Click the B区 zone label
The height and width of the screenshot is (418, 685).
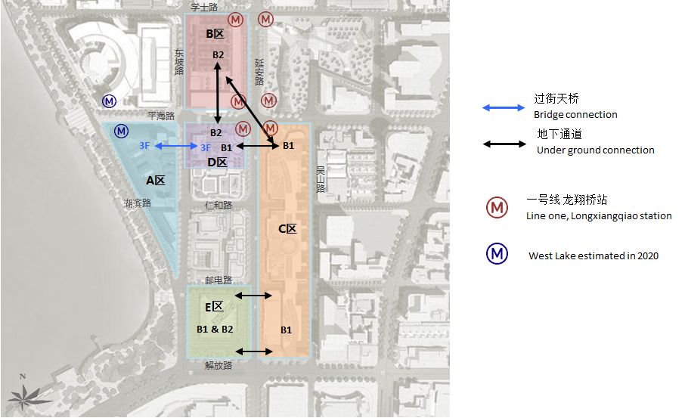click(215, 34)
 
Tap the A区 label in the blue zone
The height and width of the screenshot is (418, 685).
click(155, 180)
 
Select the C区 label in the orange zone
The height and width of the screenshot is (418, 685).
click(287, 229)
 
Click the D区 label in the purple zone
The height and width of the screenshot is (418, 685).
click(217, 163)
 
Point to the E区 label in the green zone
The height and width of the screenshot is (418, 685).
click(214, 306)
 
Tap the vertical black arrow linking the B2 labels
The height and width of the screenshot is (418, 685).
click(218, 94)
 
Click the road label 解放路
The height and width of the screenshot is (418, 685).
click(218, 365)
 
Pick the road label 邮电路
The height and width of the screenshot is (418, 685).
click(218, 278)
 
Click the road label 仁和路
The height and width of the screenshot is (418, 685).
click(218, 206)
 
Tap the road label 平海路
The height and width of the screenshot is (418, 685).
click(160, 116)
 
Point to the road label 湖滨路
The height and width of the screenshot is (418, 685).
click(138, 203)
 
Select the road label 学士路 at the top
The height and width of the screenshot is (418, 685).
click(203, 6)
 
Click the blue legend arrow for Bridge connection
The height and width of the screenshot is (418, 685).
click(504, 108)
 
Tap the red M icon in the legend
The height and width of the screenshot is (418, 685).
click(497, 207)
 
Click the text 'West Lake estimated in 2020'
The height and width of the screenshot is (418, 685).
click(593, 255)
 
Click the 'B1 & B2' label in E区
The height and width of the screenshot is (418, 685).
click(215, 329)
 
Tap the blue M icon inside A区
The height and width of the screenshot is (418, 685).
click(121, 132)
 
